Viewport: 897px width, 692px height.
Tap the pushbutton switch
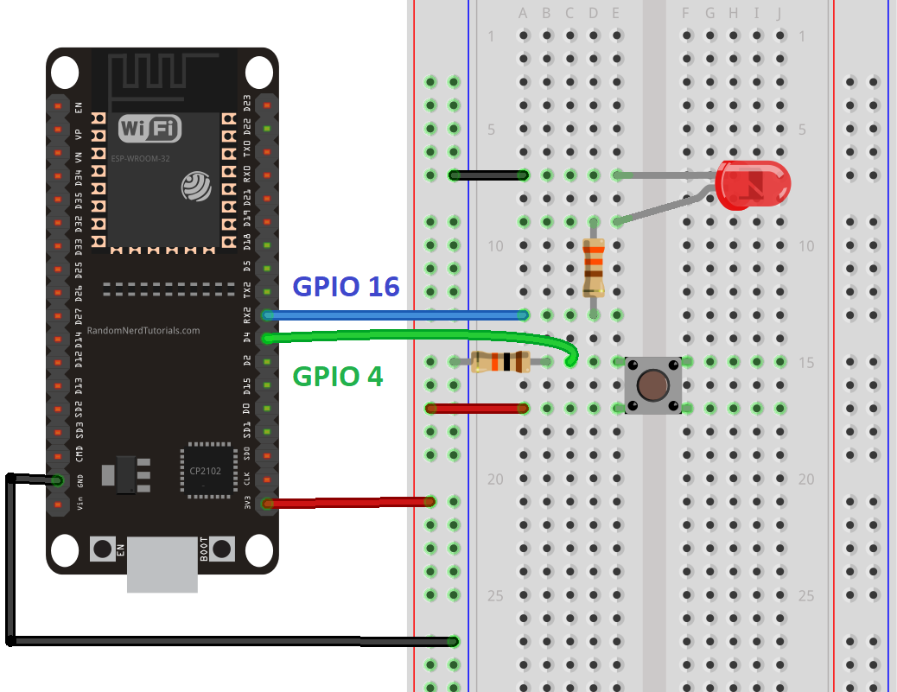point(653,383)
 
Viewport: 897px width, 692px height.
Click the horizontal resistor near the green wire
point(500,362)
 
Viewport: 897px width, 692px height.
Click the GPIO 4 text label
point(338,377)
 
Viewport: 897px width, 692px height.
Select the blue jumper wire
point(398,314)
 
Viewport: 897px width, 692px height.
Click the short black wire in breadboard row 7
point(489,175)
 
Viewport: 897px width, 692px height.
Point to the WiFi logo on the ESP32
point(149,130)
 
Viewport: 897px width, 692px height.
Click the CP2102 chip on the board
point(207,470)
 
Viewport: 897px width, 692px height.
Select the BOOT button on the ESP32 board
point(222,548)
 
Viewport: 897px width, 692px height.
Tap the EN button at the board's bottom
point(103,548)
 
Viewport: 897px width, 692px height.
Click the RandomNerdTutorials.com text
point(143,330)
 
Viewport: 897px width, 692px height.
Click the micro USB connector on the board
point(162,565)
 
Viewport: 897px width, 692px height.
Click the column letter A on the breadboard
point(523,13)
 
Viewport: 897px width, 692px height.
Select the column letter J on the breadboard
point(779,13)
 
